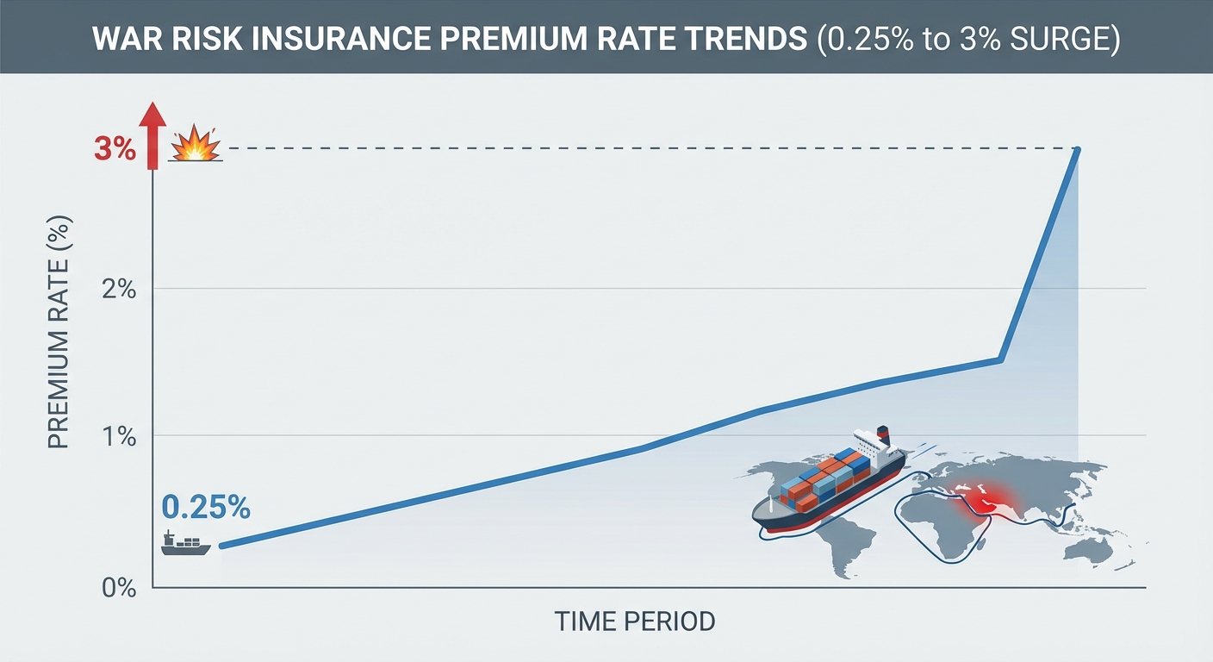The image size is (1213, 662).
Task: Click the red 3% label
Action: [115, 149]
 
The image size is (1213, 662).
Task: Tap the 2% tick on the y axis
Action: [120, 289]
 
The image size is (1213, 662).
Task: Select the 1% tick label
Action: [120, 436]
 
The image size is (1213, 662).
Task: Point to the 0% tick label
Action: [120, 589]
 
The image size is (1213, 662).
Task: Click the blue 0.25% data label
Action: [206, 508]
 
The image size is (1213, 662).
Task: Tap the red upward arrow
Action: [152, 134]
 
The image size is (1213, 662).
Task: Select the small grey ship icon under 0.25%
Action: [185, 543]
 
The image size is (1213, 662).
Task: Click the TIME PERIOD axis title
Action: [635, 621]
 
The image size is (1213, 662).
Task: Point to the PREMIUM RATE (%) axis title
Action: [58, 332]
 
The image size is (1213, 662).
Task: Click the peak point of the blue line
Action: [1077, 151]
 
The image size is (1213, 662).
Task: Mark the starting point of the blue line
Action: [222, 546]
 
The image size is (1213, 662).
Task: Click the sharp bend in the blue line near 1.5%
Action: [1000, 359]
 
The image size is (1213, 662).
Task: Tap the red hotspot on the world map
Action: [982, 499]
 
